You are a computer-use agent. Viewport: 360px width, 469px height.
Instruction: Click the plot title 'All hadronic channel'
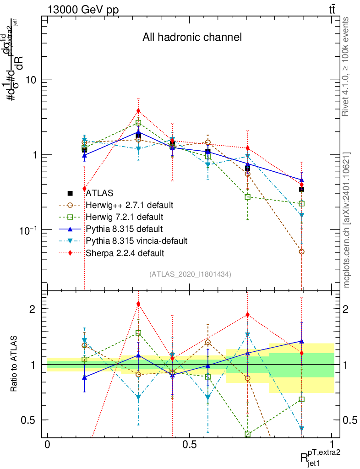[x=192, y=38]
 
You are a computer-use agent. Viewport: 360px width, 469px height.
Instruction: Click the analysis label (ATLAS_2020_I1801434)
[x=190, y=274]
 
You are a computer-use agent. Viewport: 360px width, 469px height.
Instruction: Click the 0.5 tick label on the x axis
[x=190, y=445]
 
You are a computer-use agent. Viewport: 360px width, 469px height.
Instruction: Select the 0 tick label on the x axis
[x=47, y=445]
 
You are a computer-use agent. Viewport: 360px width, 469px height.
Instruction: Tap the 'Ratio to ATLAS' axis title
[x=14, y=364]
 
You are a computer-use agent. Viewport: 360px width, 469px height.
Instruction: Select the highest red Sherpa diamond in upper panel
[x=138, y=110]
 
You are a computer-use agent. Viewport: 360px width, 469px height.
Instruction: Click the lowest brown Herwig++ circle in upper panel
[x=301, y=251]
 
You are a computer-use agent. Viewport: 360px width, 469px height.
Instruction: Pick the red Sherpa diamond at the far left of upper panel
[x=84, y=189]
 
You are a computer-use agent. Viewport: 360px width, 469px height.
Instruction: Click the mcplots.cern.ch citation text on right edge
[x=347, y=220]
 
